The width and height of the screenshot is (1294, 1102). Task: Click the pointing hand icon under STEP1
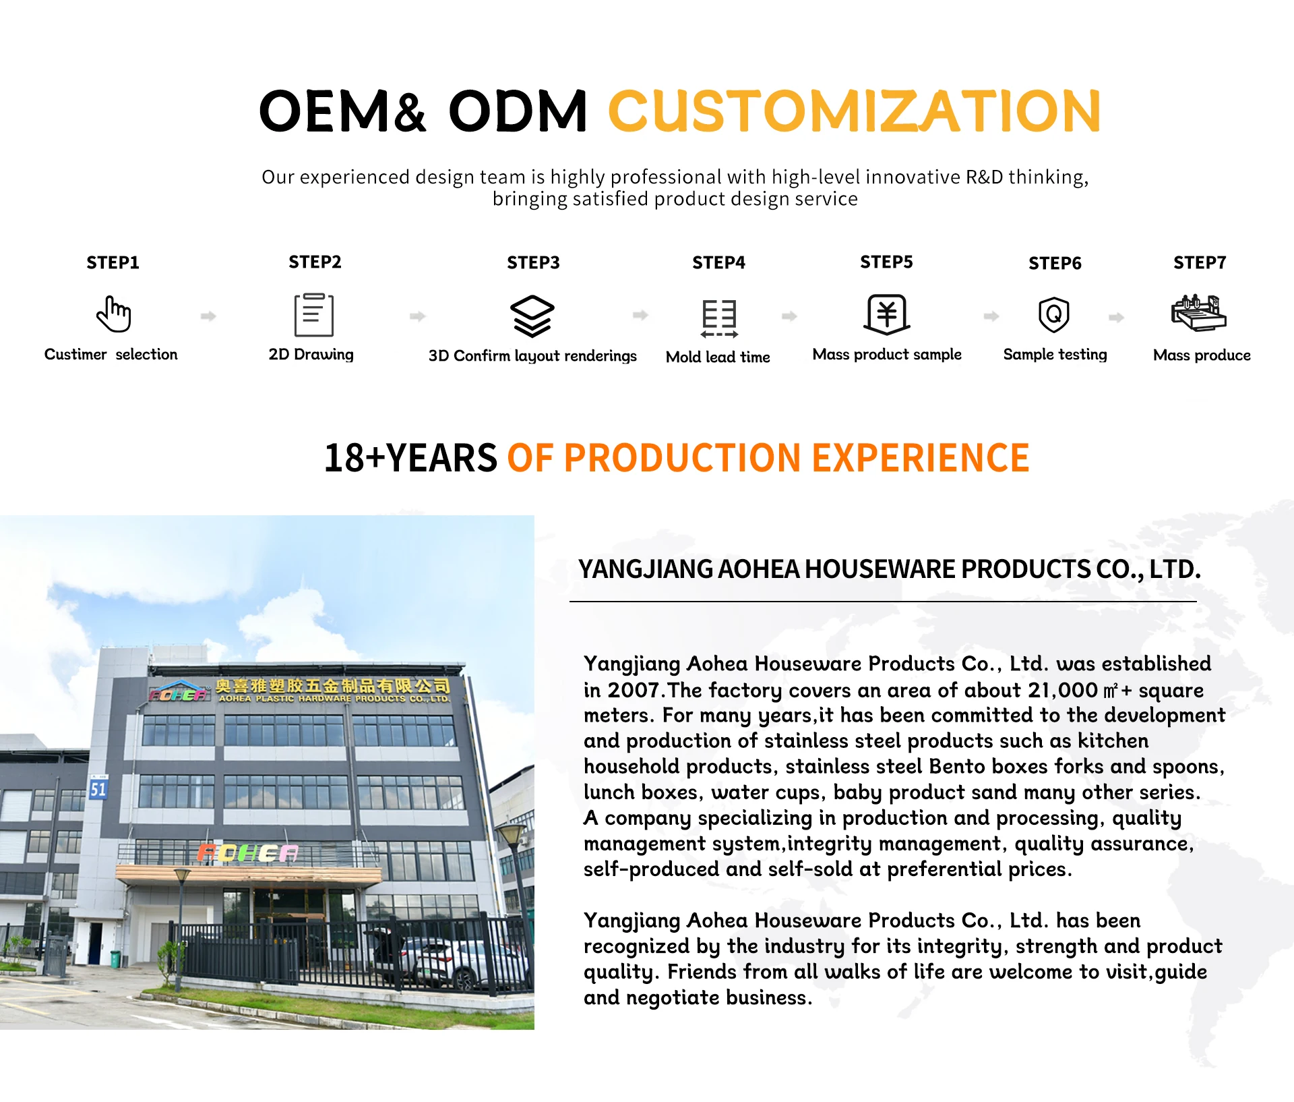(113, 314)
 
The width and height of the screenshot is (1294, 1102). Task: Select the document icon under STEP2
(314, 315)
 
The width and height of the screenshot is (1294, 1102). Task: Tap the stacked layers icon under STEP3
(532, 316)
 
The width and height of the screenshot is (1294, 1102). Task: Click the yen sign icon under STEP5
(887, 314)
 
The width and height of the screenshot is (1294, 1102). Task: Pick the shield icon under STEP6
(1054, 314)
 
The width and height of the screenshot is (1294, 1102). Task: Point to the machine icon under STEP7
(1199, 313)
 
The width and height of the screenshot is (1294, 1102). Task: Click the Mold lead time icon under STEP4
(719, 318)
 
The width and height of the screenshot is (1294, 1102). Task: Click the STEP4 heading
(719, 263)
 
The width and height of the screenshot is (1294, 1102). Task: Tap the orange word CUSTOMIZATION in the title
(855, 111)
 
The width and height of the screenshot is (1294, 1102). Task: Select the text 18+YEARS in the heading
(410, 458)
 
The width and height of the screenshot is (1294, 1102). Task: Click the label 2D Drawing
(311, 355)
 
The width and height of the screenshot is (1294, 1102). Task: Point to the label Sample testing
(1055, 355)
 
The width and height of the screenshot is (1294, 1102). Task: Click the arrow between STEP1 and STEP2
(208, 316)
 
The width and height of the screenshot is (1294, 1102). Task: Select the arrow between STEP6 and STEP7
(1117, 317)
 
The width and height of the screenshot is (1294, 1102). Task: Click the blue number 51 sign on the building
(98, 789)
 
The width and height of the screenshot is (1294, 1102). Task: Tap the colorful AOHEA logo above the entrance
(247, 853)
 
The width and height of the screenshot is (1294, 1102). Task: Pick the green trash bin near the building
(116, 959)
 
